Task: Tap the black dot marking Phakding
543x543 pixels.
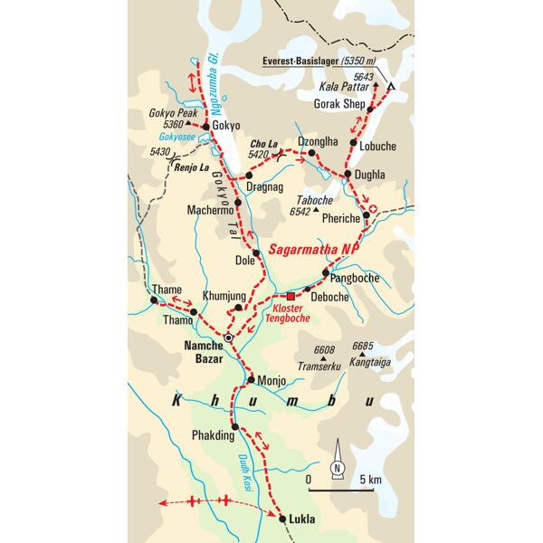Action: pos(234,426)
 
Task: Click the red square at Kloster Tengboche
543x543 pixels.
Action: pos(291,296)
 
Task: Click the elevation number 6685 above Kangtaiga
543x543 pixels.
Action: pos(364,346)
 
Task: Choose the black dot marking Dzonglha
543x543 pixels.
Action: pos(314,155)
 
